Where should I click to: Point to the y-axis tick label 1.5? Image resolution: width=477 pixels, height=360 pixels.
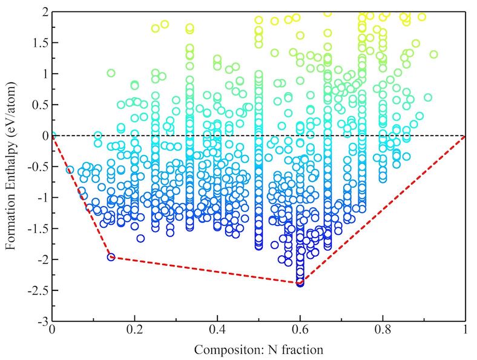(38, 42)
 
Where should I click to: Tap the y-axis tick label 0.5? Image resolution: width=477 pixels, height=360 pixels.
(38, 105)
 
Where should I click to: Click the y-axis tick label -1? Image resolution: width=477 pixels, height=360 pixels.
(39, 197)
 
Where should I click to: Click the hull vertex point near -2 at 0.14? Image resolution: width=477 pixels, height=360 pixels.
(111, 257)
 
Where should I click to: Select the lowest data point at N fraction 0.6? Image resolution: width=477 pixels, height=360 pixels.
(300, 283)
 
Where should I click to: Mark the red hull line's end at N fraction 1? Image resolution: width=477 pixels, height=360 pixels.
(465, 136)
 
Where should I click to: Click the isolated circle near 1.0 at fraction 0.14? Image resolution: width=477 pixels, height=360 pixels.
(111, 73)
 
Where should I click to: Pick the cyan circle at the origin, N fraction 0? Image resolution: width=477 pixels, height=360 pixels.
(52, 136)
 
